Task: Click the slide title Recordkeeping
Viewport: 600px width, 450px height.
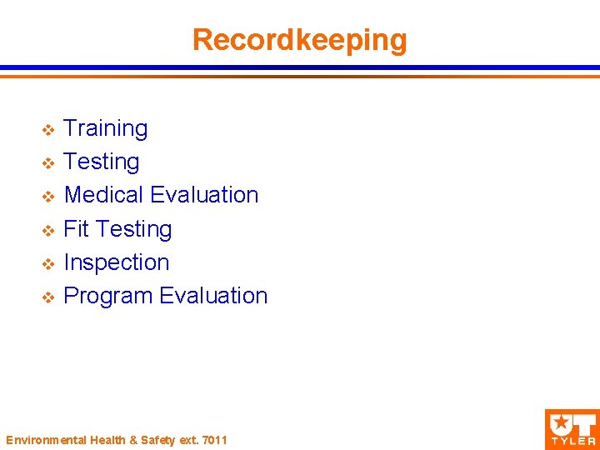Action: (299, 39)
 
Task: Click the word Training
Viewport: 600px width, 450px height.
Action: (106, 129)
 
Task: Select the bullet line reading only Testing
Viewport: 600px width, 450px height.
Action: (102, 162)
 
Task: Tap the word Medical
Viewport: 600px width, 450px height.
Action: (104, 195)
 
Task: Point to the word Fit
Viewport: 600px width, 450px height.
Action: (76, 228)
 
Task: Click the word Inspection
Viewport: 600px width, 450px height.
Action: (117, 262)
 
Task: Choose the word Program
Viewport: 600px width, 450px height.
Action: (108, 297)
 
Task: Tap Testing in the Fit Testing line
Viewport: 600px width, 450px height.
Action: (134, 229)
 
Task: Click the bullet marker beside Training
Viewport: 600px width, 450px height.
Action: (48, 130)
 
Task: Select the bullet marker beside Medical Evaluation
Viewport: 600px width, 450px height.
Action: (48, 197)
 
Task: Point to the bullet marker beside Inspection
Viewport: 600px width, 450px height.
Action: (48, 263)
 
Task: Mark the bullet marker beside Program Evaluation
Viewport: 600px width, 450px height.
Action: (48, 297)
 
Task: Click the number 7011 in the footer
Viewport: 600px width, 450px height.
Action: (214, 439)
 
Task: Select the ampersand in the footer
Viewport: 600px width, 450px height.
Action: (121, 439)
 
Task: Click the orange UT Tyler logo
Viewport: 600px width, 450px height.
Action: (571, 428)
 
